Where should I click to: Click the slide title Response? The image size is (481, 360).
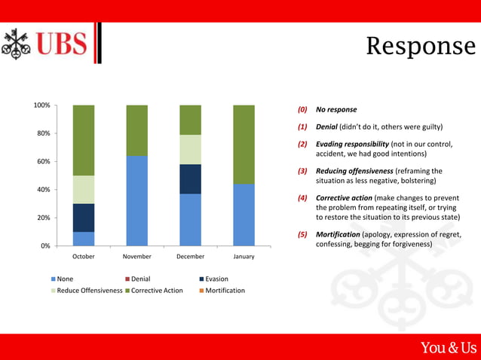pyautogui.click(x=421, y=47)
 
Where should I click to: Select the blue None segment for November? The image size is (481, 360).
pyautogui.click(x=136, y=200)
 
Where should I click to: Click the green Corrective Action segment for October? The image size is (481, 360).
pyautogui.click(x=84, y=140)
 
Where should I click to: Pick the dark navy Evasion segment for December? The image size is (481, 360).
pyautogui.click(x=190, y=178)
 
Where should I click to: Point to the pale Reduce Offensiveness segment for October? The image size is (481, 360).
pyautogui.click(x=84, y=189)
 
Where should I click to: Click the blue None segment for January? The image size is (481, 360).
pyautogui.click(x=244, y=215)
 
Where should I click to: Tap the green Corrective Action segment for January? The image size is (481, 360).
pyautogui.click(x=244, y=145)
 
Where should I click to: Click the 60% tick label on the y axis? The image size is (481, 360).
pyautogui.click(x=42, y=161)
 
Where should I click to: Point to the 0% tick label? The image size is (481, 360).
pyautogui.click(x=44, y=246)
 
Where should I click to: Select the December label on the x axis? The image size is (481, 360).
pyautogui.click(x=190, y=257)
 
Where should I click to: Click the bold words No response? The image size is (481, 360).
pyautogui.click(x=336, y=109)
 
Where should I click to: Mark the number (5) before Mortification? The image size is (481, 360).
pyautogui.click(x=302, y=234)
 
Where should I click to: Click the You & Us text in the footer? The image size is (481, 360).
pyautogui.click(x=449, y=347)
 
